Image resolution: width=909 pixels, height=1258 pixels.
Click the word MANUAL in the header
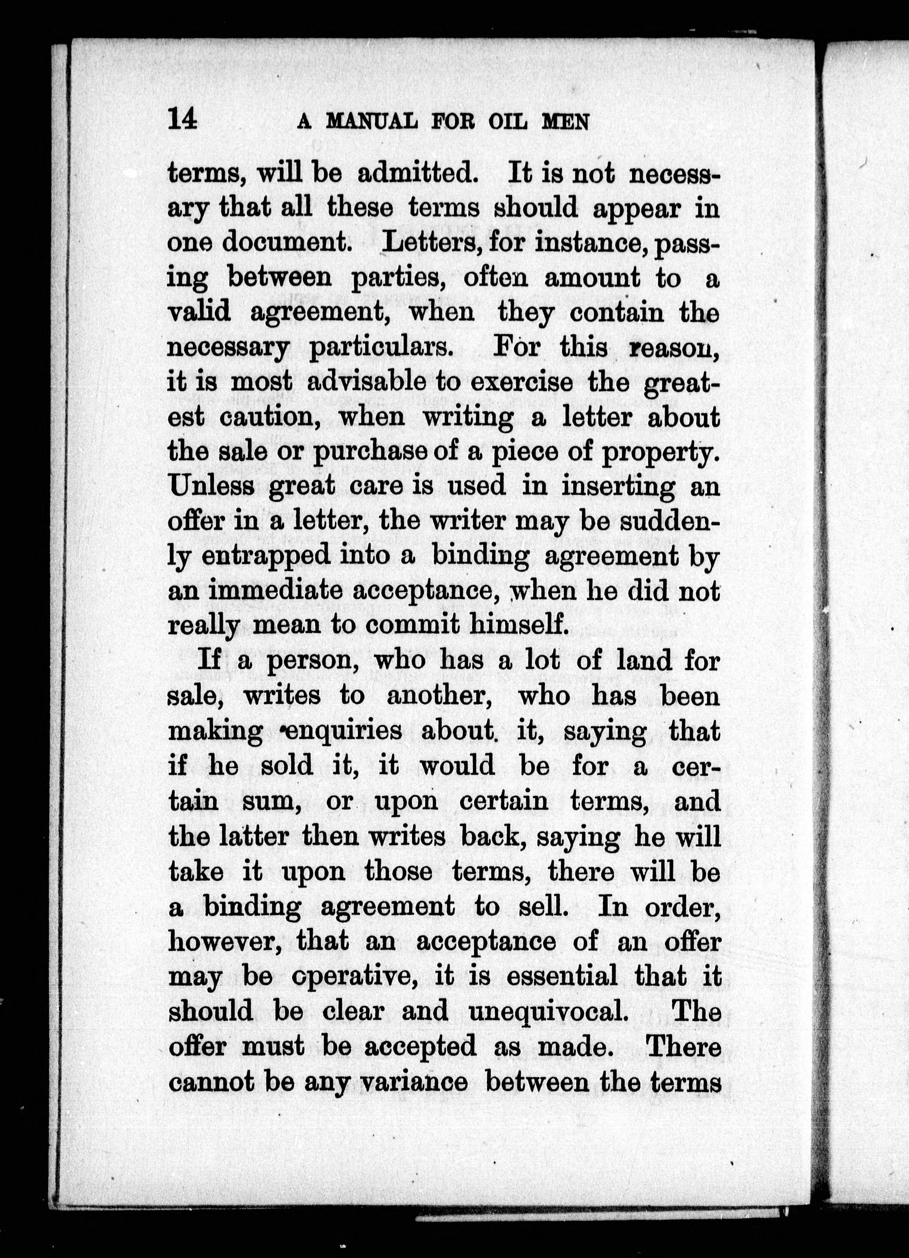click(x=371, y=121)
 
